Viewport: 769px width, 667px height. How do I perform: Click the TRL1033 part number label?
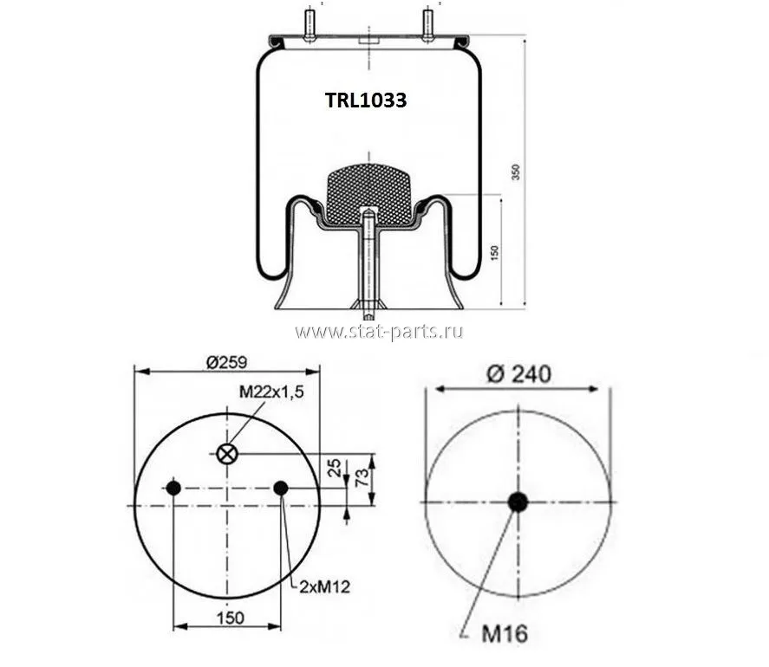[366, 100]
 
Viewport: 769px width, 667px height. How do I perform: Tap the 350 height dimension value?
[516, 172]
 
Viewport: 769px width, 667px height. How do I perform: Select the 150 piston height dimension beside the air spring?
[494, 252]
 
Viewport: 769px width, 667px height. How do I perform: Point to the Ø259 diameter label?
[226, 362]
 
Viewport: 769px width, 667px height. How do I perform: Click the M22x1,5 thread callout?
[271, 392]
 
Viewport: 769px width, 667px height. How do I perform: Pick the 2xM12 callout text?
[324, 586]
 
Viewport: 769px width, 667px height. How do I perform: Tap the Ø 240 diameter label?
[518, 374]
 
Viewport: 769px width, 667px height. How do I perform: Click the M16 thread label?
[505, 633]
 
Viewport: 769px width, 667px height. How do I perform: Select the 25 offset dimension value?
[335, 468]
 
